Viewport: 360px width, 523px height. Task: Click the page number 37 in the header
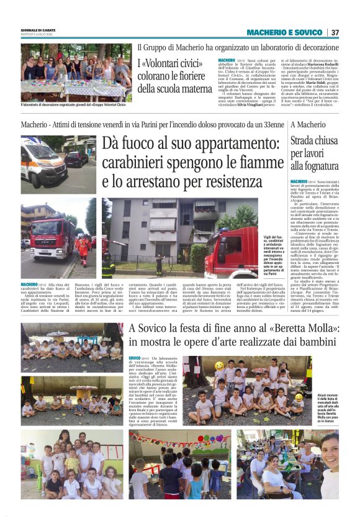coord(335,32)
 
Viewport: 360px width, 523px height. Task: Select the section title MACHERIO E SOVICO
coord(284,32)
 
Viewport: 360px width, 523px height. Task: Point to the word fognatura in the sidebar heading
coord(313,166)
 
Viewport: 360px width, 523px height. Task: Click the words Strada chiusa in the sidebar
coord(315,140)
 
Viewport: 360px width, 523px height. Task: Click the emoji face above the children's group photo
coord(220,365)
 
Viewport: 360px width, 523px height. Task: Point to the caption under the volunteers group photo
coord(73,105)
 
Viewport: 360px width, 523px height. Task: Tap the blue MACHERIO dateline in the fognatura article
coord(299,181)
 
